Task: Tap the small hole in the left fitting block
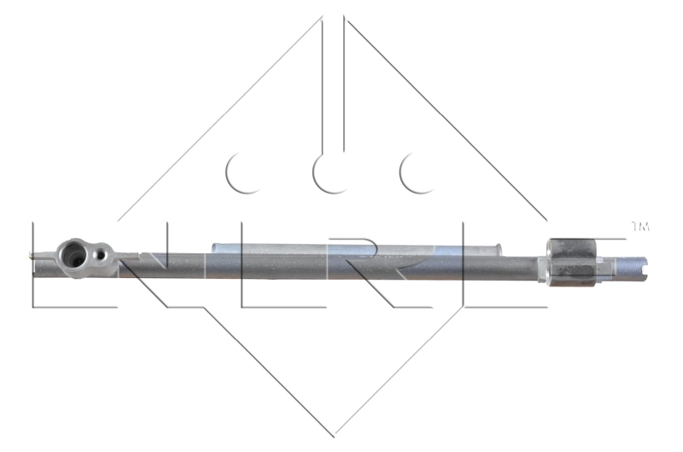click(101, 253)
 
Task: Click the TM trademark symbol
click(639, 226)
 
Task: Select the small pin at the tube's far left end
click(32, 253)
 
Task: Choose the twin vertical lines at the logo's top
click(333, 85)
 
